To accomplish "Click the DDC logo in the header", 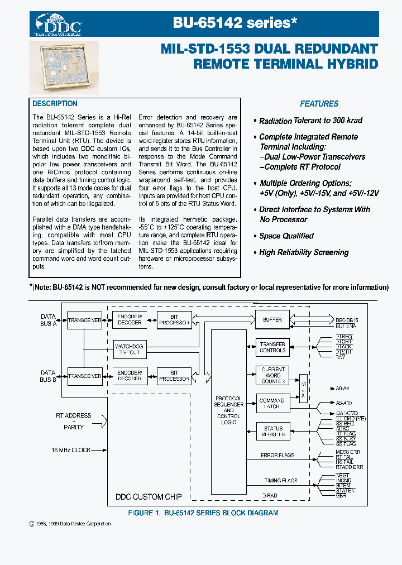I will pyautogui.click(x=59, y=25).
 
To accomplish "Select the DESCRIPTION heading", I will pyautogui.click(x=55, y=104).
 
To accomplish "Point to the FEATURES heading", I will pyautogui.click(x=319, y=104).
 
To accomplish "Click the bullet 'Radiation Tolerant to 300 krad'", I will pyautogui.click(x=311, y=121).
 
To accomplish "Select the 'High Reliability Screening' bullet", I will pyautogui.click(x=304, y=252).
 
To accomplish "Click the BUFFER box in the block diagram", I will pyautogui.click(x=272, y=320).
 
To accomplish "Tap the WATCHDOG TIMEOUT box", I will pyautogui.click(x=129, y=350).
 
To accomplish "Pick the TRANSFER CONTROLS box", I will pyautogui.click(x=272, y=347).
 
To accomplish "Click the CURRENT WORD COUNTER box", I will pyautogui.click(x=272, y=375).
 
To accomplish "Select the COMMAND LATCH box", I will pyautogui.click(x=272, y=403).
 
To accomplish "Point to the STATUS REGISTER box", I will pyautogui.click(x=272, y=431).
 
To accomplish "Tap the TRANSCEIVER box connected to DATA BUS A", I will pyautogui.click(x=84, y=320).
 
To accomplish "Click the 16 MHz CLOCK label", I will pyautogui.click(x=71, y=450).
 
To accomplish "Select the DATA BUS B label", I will pyautogui.click(x=48, y=376).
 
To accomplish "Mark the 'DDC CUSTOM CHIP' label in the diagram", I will pyautogui.click(x=147, y=496).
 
